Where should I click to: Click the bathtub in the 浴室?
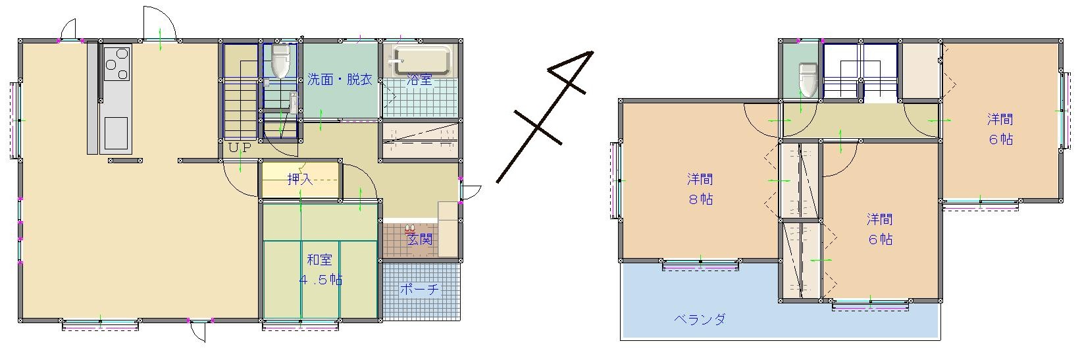[423, 61]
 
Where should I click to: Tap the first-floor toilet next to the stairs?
[280, 61]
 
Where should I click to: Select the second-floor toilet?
[808, 80]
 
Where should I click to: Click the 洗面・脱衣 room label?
[340, 80]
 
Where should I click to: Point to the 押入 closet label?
[300, 180]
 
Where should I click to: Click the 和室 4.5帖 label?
[320, 270]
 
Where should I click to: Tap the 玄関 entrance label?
[420, 239]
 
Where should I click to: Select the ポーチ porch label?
[419, 289]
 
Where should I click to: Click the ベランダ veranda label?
[700, 319]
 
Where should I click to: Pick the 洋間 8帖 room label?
[700, 190]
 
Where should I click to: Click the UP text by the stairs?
[240, 148]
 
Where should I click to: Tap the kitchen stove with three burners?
[117, 63]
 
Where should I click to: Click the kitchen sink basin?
[116, 133]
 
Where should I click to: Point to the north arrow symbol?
[544, 116]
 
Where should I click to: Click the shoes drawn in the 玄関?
[410, 229]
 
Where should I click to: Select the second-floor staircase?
[860, 73]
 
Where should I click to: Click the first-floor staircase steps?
[241, 91]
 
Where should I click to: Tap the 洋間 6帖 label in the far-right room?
[1000, 129]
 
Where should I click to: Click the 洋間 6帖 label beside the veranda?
[880, 230]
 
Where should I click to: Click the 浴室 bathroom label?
[419, 80]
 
